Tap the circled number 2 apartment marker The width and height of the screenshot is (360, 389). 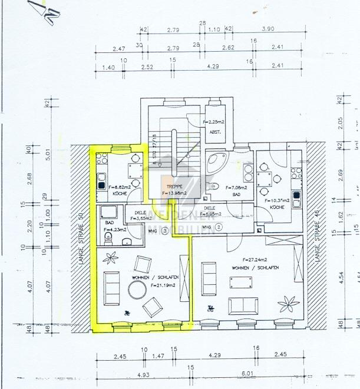(x=219, y=227)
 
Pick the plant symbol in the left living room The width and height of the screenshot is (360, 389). (x=110, y=257)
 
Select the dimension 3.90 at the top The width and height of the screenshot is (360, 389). (x=267, y=29)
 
